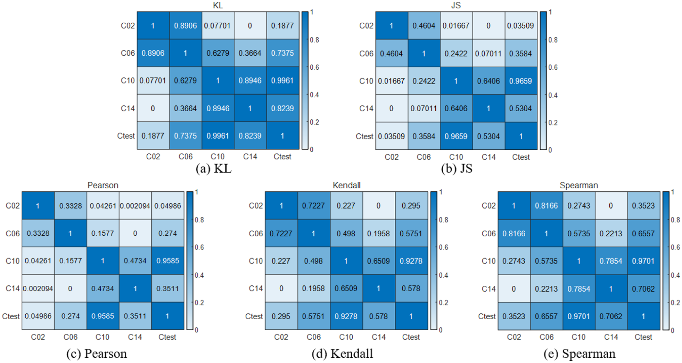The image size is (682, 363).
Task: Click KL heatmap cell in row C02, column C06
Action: coord(185,26)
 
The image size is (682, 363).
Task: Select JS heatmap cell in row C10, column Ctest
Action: coord(520,81)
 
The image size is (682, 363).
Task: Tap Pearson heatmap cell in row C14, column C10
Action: coord(102,289)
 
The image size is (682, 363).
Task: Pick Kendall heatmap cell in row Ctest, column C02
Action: coord(281,316)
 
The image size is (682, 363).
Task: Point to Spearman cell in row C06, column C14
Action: coord(611,234)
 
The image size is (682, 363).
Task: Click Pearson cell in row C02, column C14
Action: coord(135,206)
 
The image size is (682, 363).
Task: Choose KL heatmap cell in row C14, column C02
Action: coord(153,109)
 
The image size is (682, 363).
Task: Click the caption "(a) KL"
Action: coord(213,169)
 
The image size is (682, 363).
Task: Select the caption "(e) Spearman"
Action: coord(579,354)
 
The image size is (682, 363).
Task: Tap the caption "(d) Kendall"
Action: coord(342,354)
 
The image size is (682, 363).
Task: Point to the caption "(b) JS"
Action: coord(457,169)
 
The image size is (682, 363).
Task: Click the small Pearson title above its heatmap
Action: coord(103,185)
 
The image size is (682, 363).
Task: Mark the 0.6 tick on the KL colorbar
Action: coord(314,68)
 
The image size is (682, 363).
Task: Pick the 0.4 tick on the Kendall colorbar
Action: coord(443,275)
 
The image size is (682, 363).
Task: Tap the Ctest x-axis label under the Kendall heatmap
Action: coord(411,337)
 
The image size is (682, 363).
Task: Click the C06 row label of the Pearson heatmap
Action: coord(13,234)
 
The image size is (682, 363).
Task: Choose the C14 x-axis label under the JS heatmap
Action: coord(488,157)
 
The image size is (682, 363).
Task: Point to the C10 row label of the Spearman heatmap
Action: coord(488,261)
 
